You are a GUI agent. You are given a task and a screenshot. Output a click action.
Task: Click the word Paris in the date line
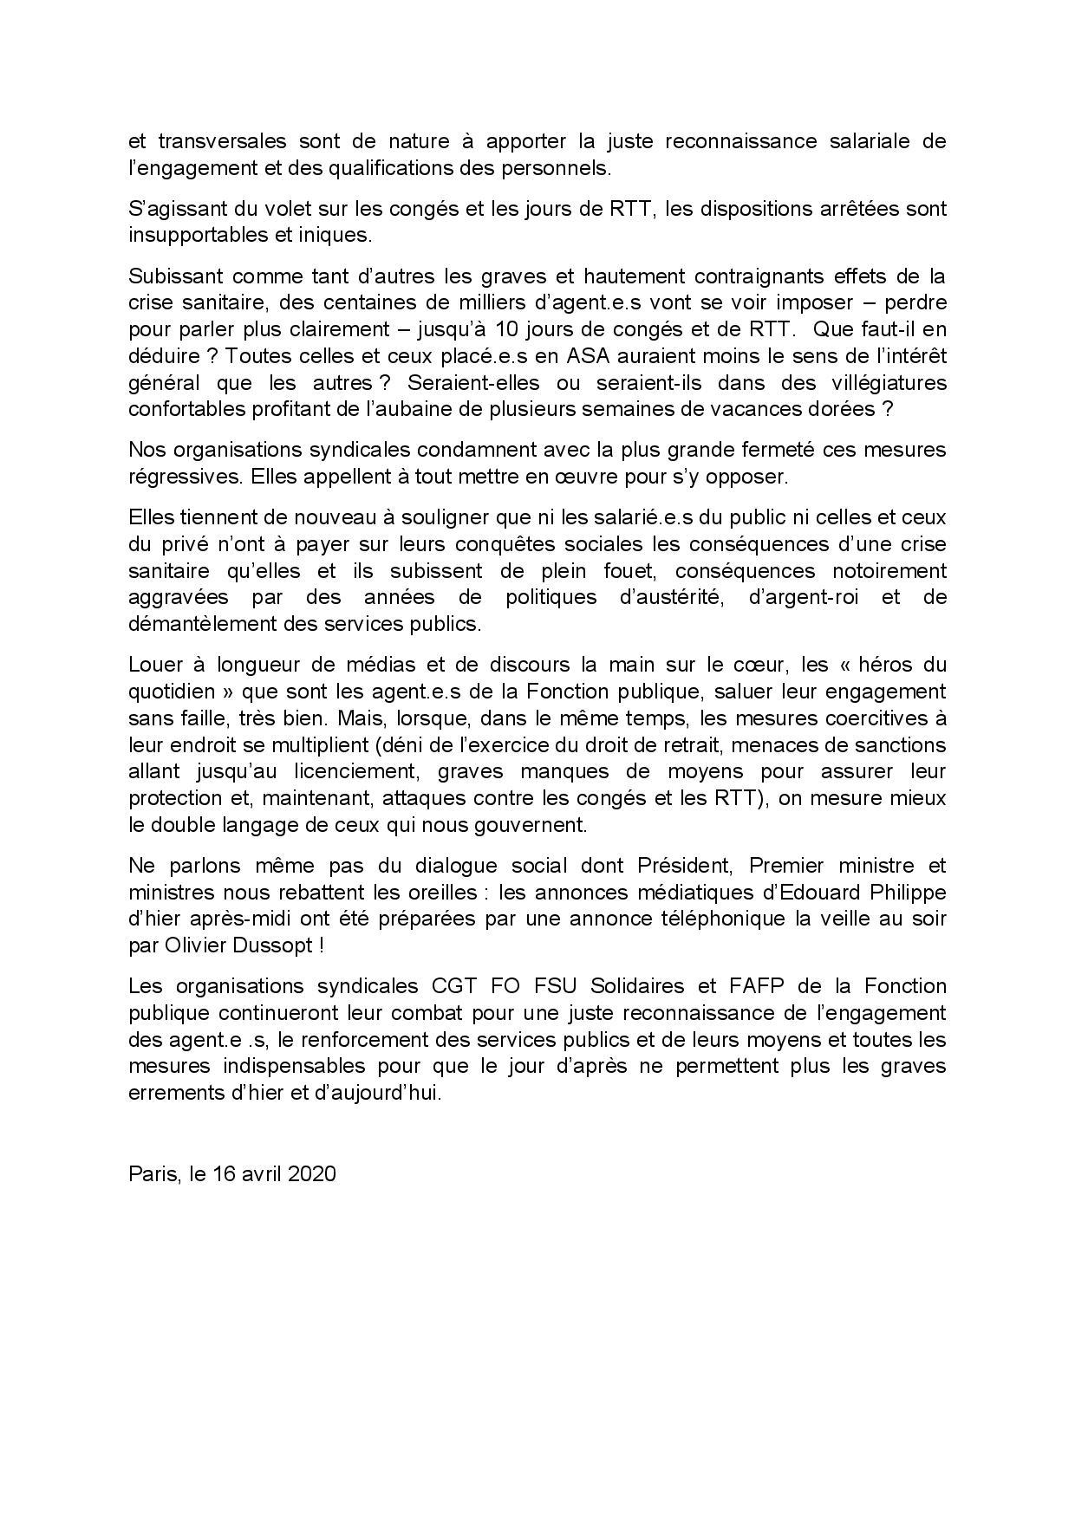click(x=153, y=1174)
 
